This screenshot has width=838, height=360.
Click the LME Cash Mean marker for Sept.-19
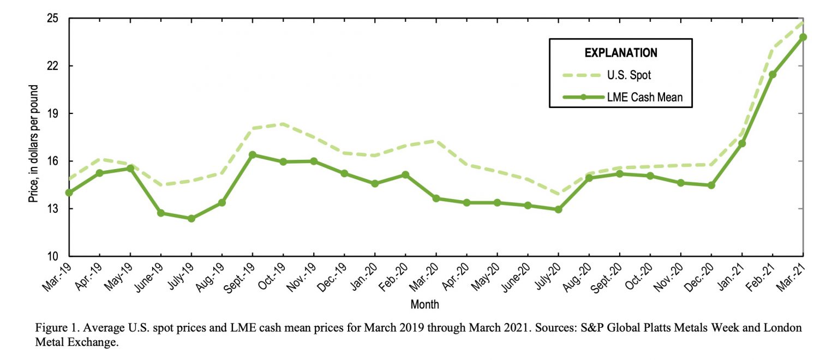click(x=253, y=155)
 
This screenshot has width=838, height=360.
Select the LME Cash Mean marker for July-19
click(x=191, y=219)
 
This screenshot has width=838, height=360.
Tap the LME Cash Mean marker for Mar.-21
click(x=803, y=37)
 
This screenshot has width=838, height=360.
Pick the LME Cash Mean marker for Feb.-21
click(x=773, y=74)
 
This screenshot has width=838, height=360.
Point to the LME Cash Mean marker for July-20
click(x=558, y=209)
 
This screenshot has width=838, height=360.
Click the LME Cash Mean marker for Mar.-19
click(x=69, y=193)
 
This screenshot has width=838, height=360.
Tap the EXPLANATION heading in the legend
click(x=621, y=53)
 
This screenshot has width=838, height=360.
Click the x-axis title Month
click(x=424, y=304)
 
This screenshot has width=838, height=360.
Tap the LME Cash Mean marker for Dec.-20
click(x=711, y=185)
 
